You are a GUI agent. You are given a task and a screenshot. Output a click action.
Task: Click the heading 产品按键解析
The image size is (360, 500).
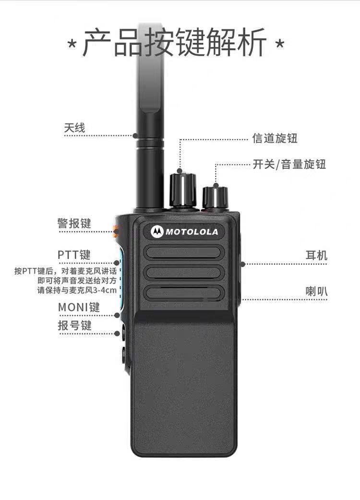click(174, 42)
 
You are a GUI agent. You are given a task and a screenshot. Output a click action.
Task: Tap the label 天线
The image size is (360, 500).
click(74, 128)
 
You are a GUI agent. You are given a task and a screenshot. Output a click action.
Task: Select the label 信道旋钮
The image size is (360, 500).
click(275, 138)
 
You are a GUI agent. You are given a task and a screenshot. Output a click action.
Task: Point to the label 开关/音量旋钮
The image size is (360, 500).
click(289, 164)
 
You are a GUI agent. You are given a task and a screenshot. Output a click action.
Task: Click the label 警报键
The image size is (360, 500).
click(74, 223)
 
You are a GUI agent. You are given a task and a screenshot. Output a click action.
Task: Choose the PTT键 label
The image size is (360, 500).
click(74, 255)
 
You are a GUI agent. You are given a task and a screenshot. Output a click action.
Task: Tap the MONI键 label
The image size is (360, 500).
click(79, 307)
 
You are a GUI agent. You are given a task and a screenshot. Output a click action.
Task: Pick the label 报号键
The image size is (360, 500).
click(74, 325)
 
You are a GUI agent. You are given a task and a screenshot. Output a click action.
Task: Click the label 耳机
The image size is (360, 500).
click(316, 255)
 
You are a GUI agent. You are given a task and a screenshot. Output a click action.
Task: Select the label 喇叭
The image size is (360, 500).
click(316, 291)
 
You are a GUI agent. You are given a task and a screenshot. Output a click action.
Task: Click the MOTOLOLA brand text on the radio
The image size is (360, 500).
click(192, 232)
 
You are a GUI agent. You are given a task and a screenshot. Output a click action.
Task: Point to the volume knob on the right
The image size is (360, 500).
click(215, 197)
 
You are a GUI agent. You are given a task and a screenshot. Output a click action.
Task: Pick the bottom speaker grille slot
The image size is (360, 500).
click(183, 293)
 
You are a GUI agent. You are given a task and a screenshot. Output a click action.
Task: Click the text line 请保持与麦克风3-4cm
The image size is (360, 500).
click(77, 290)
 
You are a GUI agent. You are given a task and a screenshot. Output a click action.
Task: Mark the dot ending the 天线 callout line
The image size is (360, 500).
click(135, 135)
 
